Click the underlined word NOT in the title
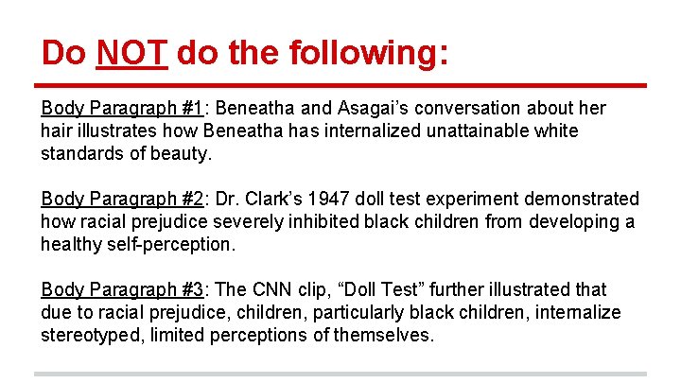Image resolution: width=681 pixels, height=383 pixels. (132, 52)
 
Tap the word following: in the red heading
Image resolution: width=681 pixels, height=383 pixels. (360, 52)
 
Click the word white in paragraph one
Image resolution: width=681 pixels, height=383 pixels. (556, 131)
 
